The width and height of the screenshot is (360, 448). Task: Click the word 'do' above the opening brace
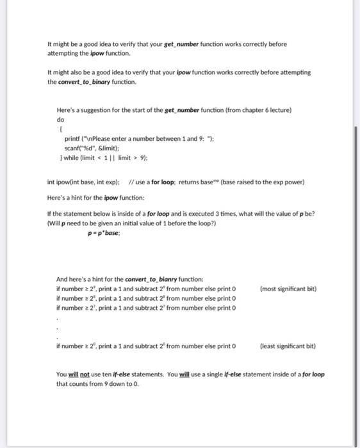(61, 119)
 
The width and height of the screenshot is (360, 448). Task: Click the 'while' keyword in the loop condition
(72, 157)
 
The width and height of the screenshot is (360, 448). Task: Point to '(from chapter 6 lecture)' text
(260, 110)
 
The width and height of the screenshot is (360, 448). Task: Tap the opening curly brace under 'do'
(60, 129)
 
